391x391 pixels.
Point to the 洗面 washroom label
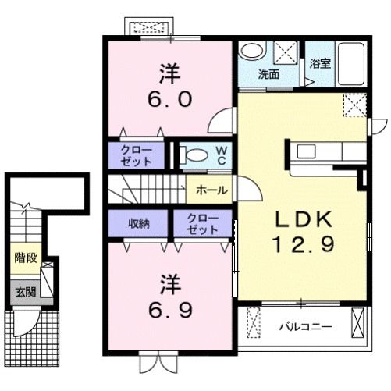269,75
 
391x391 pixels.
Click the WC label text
221,154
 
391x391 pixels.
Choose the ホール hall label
211,190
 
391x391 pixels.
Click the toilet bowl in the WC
195,155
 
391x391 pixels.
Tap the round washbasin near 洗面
251,51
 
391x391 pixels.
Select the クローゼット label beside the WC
137,153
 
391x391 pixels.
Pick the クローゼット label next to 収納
203,225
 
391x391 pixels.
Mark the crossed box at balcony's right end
358,321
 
